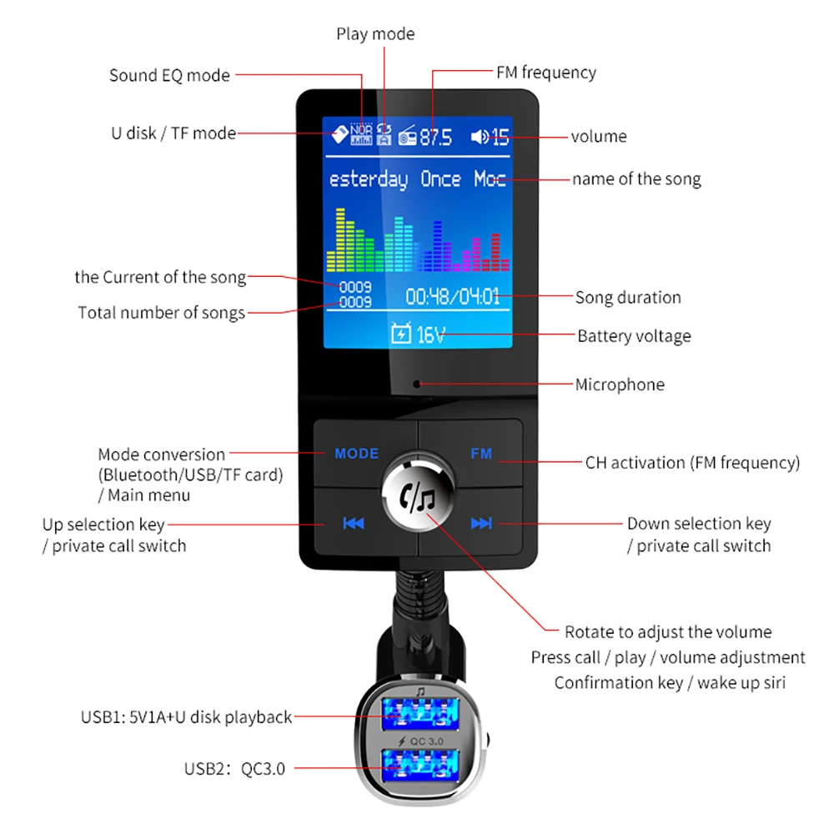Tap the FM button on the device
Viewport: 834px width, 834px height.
pyautogui.click(x=481, y=455)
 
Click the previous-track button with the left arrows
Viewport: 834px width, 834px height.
pyautogui.click(x=354, y=524)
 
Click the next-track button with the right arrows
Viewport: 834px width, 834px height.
pyautogui.click(x=481, y=524)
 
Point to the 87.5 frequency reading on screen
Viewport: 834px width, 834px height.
pyautogui.click(x=435, y=137)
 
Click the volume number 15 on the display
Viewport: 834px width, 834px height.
pyautogui.click(x=500, y=137)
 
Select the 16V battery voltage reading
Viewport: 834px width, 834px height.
pyautogui.click(x=430, y=335)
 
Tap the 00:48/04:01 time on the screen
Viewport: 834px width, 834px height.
pyautogui.click(x=453, y=297)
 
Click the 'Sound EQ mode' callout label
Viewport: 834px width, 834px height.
pyautogui.click(x=169, y=75)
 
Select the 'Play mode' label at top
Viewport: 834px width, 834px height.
pyautogui.click(x=375, y=34)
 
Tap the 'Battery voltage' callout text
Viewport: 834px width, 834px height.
pyautogui.click(x=634, y=336)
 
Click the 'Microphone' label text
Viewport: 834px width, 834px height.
pyautogui.click(x=620, y=384)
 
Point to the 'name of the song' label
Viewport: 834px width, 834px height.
pyautogui.click(x=636, y=178)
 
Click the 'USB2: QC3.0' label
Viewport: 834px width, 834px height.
pyautogui.click(x=234, y=769)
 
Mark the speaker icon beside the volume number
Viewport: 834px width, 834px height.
pyautogui.click(x=480, y=137)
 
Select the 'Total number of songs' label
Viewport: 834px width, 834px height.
pyautogui.click(x=162, y=313)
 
